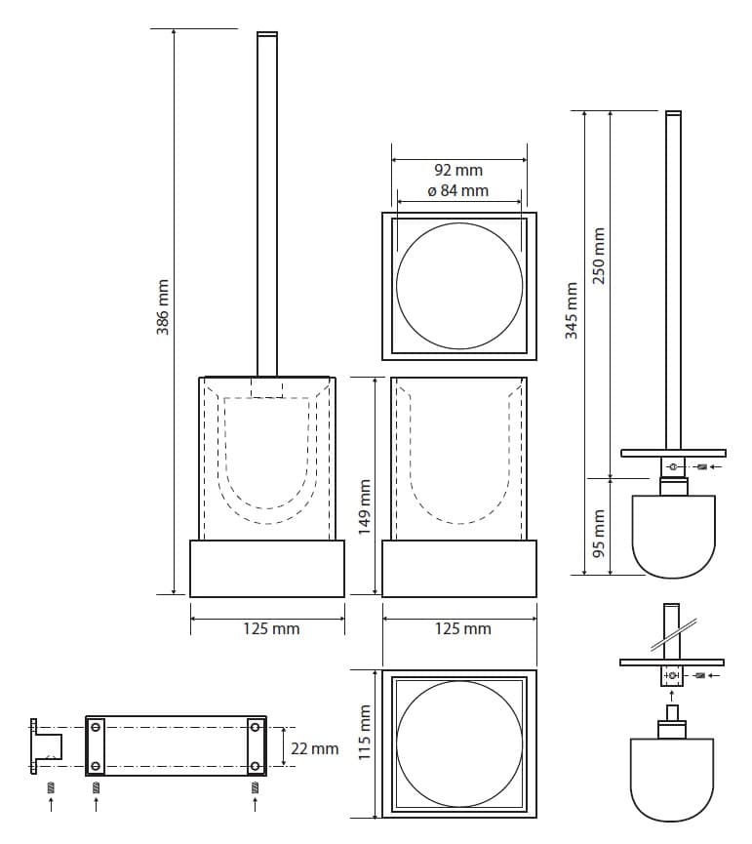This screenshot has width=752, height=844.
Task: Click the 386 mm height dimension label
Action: (x=163, y=306)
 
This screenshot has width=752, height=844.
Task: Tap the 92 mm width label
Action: (x=458, y=170)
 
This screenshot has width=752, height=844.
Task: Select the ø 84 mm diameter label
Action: (x=458, y=190)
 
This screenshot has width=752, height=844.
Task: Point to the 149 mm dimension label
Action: (x=365, y=506)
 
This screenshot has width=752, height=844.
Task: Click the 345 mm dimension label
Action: (x=572, y=310)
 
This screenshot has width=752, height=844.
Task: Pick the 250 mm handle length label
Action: (x=599, y=255)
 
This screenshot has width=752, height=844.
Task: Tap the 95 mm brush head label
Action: (x=599, y=533)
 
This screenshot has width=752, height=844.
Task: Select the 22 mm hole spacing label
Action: (x=315, y=748)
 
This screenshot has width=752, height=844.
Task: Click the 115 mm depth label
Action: (x=365, y=732)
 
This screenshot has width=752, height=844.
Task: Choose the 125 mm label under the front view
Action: (x=271, y=628)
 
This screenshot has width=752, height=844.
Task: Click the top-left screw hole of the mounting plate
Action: (x=96, y=728)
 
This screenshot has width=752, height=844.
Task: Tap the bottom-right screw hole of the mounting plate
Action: (x=256, y=766)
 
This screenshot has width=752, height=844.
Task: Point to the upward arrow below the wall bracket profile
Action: (x=51, y=804)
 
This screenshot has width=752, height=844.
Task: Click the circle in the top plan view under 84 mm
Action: (x=459, y=286)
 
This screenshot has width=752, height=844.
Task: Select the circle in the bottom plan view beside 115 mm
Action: (x=459, y=744)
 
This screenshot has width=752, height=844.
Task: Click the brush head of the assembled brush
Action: (x=673, y=537)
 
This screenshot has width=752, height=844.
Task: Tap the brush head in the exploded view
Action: (x=672, y=780)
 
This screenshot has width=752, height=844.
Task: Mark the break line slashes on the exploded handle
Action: (x=674, y=634)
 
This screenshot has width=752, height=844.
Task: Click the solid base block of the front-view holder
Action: (x=267, y=569)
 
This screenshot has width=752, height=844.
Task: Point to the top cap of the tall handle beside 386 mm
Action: (x=267, y=35)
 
